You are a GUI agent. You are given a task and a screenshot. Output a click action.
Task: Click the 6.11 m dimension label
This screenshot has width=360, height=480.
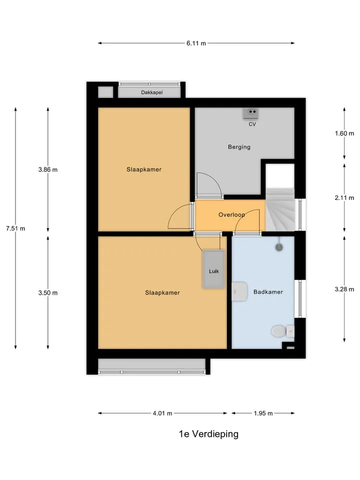tap(196, 43)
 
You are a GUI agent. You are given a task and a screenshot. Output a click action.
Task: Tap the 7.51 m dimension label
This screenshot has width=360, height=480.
tap(15, 228)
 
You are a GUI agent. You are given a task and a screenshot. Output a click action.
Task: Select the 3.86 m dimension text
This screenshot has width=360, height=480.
tap(48, 169)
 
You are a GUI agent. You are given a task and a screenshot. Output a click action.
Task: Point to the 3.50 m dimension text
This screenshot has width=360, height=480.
tap(48, 292)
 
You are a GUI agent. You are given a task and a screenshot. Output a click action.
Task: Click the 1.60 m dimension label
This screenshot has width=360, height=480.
tap(344, 133)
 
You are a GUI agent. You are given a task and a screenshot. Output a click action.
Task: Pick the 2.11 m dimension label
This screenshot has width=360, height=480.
tap(344, 198)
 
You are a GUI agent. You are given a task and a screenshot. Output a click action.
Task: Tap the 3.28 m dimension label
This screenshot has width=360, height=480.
tap(344, 289)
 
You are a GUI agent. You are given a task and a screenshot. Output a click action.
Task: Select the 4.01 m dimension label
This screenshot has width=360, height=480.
tap(162, 413)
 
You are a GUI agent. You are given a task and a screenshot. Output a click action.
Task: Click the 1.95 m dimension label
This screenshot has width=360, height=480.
tap(263, 413)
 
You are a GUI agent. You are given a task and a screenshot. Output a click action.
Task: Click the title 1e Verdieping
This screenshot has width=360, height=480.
tap(208, 434)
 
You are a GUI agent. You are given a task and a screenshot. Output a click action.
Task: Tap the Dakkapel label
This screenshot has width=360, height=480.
tap(152, 92)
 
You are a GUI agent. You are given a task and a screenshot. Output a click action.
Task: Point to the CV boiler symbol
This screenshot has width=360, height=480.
tap(251, 113)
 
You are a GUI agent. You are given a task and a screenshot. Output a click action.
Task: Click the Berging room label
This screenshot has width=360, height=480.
tap(239, 147)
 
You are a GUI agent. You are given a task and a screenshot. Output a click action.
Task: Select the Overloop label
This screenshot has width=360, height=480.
tap(231, 214)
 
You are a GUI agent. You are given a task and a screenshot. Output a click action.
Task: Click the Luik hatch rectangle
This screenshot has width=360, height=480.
tap(213, 269)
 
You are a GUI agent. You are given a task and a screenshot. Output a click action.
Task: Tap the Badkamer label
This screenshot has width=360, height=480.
tap(268, 292)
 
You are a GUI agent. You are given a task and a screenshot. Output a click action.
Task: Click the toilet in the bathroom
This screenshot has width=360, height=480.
tap(282, 331)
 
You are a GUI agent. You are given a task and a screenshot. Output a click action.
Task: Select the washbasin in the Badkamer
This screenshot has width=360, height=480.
tap(239, 291)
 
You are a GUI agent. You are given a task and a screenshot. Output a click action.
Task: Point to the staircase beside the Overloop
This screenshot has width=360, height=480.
tap(280, 209)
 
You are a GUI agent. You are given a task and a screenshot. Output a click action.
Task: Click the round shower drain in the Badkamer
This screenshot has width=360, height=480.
tap(279, 247)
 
